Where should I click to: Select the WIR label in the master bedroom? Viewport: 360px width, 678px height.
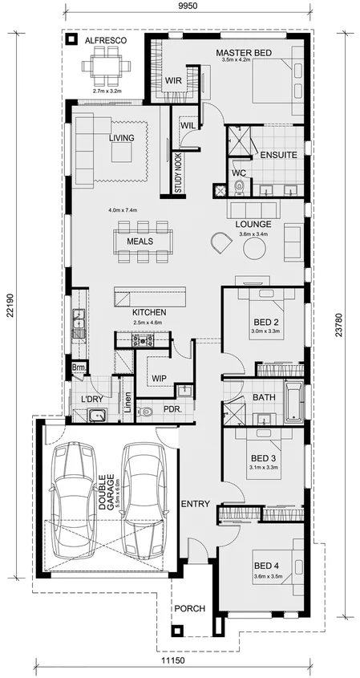(174, 81)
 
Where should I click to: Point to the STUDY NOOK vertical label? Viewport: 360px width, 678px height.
(178, 172)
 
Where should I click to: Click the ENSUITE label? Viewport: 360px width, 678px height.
(278, 154)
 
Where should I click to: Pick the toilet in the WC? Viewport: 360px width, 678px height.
(238, 189)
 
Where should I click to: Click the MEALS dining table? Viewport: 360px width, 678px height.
(144, 241)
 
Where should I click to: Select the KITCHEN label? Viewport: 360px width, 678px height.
(149, 311)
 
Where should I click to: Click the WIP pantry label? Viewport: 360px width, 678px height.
(158, 378)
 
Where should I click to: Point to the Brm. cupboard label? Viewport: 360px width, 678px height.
(79, 367)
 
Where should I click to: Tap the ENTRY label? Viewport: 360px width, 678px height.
(195, 504)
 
